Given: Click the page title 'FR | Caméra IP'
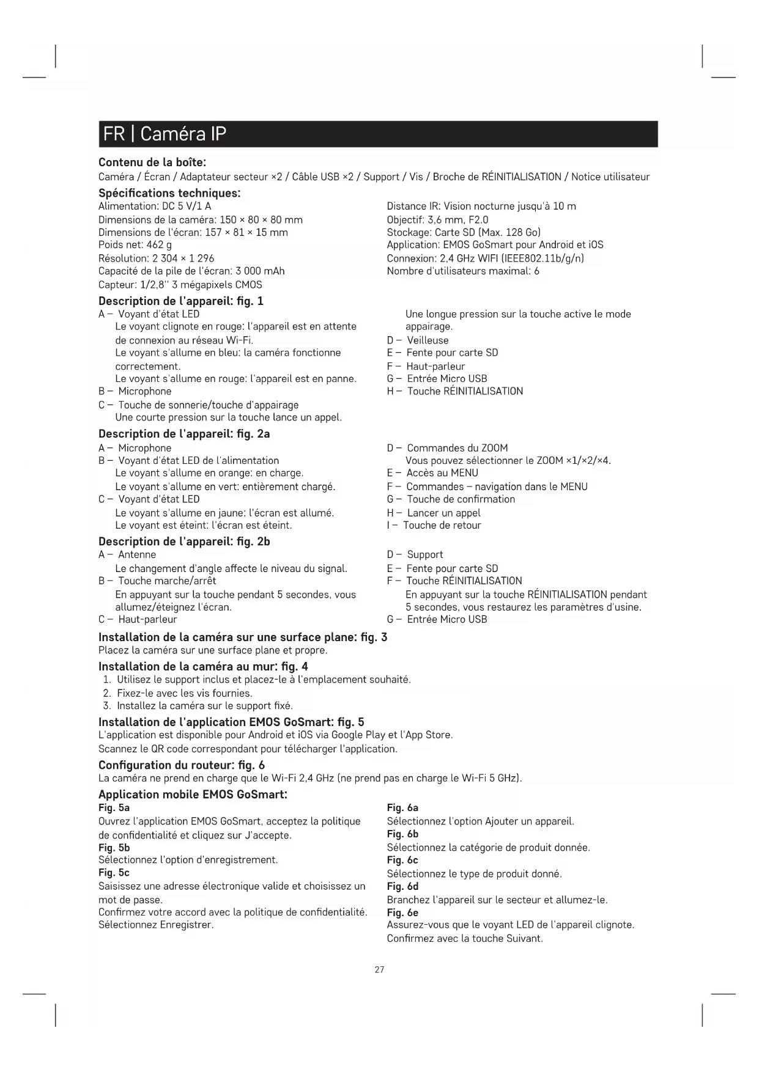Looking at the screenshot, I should pos(165,134).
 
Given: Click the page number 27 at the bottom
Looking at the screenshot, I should pos(379,969).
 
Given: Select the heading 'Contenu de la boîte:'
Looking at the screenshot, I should pos(152,163).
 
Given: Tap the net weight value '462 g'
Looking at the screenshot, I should pos(159,245).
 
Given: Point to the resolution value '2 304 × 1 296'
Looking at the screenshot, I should pos(183,259).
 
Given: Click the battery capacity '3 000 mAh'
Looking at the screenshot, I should pos(260,271).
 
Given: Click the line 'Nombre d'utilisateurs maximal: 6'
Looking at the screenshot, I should pos(463,271).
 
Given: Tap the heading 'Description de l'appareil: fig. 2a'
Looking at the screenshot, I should pos(184,434).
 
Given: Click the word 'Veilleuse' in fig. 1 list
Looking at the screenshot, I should pos(428,340).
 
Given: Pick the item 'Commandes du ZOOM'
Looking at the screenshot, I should pos(457,448).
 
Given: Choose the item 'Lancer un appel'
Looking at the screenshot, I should pos(443,513).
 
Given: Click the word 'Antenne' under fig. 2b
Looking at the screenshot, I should pos(137,554).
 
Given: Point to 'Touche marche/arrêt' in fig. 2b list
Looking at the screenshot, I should pos(167,581).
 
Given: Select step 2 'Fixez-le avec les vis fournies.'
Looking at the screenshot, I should pos(184,693).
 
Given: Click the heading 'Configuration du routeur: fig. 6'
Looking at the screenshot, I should pos(182,765).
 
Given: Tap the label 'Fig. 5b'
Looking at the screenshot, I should pos(114,848).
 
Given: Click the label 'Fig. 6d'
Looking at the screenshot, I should pos(402,886).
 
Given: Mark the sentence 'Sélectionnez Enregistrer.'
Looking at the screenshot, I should pos(156,925).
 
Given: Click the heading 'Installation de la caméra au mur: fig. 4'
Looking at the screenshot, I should pos(203,666).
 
